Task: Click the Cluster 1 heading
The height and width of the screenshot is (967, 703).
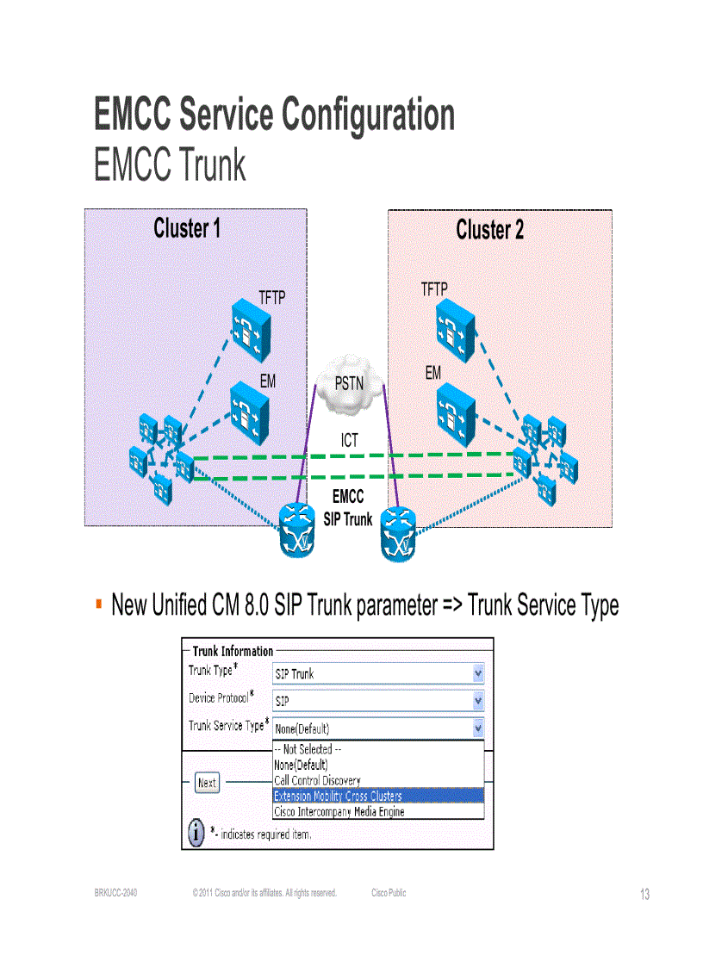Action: pos(187,229)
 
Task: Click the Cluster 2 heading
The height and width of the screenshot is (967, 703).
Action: pos(489,230)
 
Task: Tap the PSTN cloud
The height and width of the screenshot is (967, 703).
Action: pos(349,382)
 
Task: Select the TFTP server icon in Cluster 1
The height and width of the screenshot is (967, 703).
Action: pos(251,332)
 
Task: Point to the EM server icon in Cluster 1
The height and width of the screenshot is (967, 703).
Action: pos(251,412)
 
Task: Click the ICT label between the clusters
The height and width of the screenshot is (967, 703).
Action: pos(348,441)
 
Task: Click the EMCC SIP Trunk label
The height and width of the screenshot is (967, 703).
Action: pos(348,508)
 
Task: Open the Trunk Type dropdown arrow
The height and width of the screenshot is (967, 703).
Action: pos(478,674)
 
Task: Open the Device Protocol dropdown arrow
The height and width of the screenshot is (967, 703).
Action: pos(478,701)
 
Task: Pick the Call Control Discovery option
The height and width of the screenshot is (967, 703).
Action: pos(317,780)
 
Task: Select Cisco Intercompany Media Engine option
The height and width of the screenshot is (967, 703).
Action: pos(339,811)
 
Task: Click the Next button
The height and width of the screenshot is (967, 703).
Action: pos(207,783)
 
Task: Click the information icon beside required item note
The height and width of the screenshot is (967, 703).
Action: pos(196,833)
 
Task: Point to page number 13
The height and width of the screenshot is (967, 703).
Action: pos(644,895)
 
